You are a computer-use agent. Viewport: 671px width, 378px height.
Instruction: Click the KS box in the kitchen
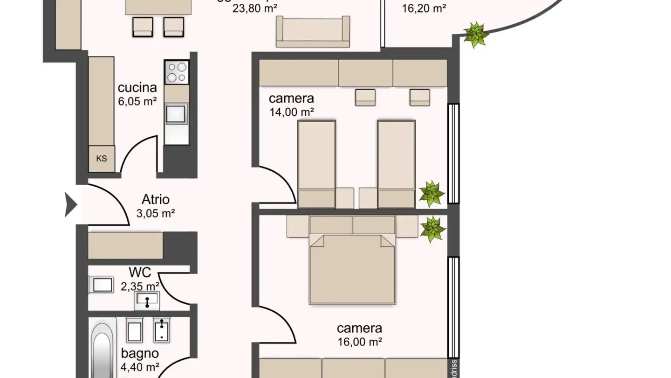click(102, 159)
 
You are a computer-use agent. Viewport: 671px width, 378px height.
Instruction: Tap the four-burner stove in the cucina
click(177, 72)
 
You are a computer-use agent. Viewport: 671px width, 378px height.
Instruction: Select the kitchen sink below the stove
click(176, 113)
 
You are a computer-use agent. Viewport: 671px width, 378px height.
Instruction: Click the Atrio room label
click(156, 200)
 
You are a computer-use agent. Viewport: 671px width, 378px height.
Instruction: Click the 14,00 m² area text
click(291, 112)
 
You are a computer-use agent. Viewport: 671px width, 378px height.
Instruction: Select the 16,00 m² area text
click(359, 342)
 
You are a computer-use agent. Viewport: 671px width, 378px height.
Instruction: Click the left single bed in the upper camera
click(316, 163)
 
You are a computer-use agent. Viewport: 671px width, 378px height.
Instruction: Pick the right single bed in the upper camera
click(396, 163)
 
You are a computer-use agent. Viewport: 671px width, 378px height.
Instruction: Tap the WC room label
click(140, 273)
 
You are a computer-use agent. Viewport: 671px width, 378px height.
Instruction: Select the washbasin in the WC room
click(147, 300)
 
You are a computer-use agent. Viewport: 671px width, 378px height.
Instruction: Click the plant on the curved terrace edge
click(476, 35)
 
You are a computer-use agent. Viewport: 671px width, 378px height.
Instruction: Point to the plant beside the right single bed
click(432, 194)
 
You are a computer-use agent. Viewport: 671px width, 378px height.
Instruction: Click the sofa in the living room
click(313, 32)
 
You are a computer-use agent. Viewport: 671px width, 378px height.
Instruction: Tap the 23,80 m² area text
click(255, 8)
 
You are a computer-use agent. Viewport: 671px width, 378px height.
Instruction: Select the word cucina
click(137, 88)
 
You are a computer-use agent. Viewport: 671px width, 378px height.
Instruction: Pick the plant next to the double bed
click(433, 229)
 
